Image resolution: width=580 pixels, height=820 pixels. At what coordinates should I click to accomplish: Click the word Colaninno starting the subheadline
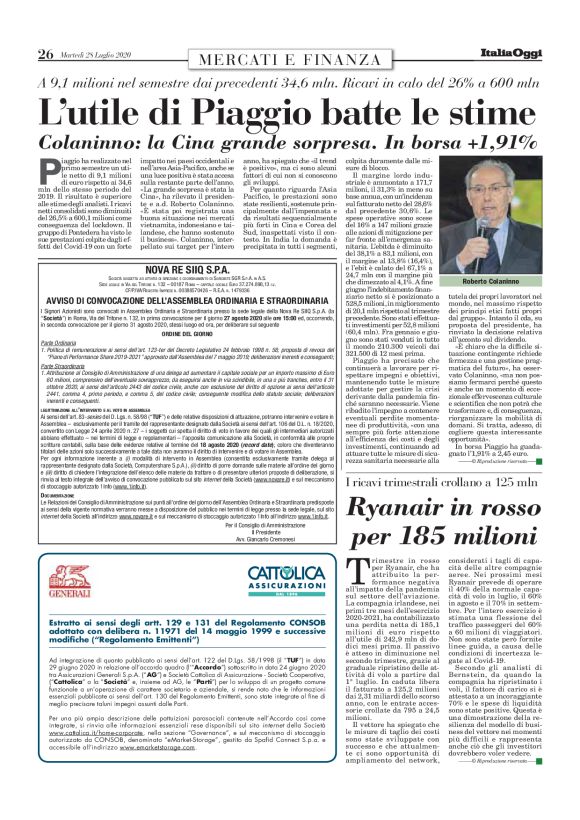[x=94, y=141]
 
